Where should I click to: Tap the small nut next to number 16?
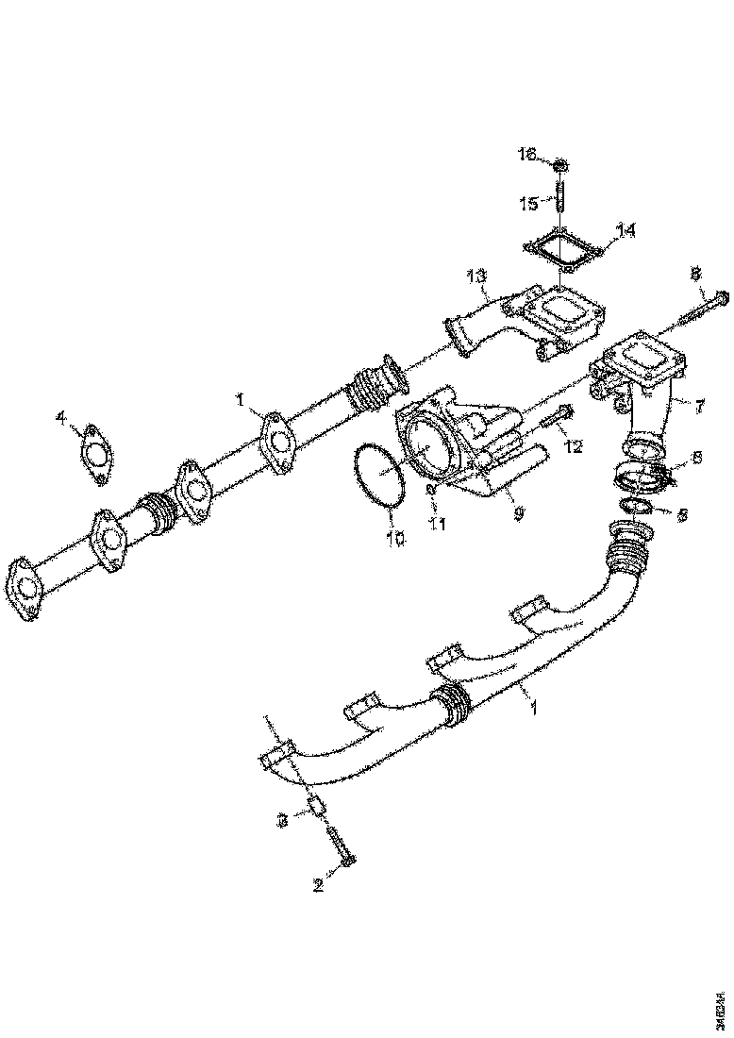tap(560, 167)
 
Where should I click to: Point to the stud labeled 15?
tap(561, 202)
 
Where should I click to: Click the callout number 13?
tap(477, 276)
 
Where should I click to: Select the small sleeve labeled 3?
tap(317, 808)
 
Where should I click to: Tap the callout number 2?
tap(319, 885)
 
